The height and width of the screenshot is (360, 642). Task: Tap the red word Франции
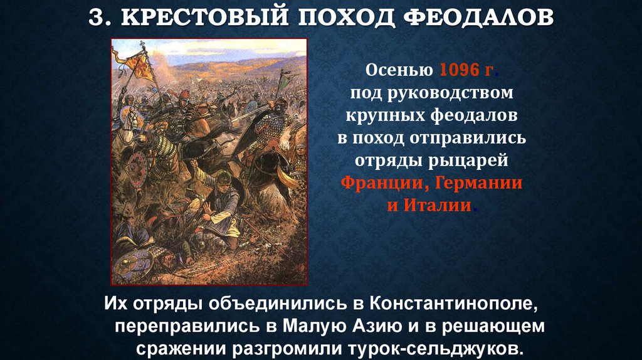tap(382, 184)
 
